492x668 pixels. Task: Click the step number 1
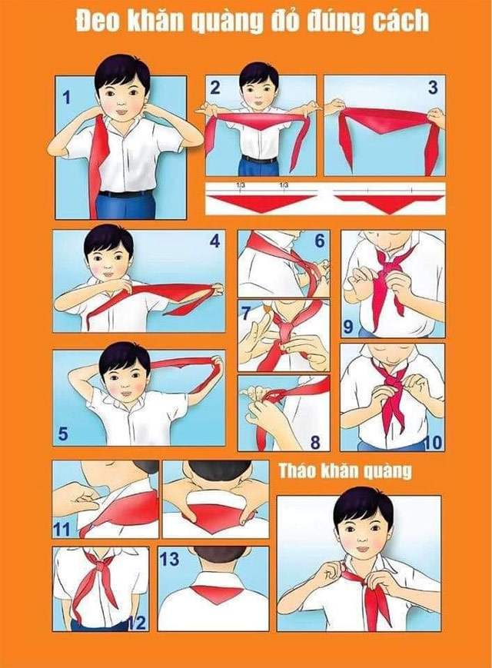[x=67, y=98]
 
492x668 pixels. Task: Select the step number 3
[x=433, y=88]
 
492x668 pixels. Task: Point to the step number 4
[x=214, y=241]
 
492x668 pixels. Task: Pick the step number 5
[x=63, y=434]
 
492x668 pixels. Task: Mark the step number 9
[x=348, y=327]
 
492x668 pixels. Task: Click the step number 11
[x=62, y=529]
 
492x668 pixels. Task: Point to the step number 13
[x=170, y=560]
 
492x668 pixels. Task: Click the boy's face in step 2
[x=258, y=88]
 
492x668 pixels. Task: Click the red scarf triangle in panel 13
[x=214, y=593]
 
